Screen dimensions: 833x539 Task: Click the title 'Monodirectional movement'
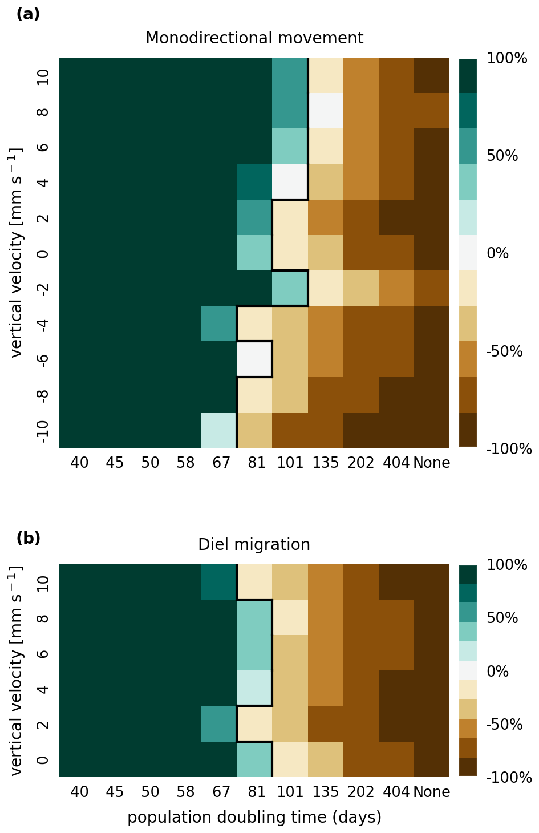point(254,38)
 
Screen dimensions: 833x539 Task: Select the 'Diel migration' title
point(254,545)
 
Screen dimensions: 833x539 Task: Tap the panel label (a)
point(28,14)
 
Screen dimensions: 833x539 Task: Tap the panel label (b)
point(28,538)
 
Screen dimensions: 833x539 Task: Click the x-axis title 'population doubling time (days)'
point(254,818)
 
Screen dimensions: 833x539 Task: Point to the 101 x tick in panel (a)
point(290,463)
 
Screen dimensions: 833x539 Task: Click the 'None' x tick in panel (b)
point(432,792)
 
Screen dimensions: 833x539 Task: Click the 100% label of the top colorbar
point(507,58)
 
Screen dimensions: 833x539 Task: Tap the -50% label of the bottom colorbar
point(504,725)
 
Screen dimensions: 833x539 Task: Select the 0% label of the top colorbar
point(498,253)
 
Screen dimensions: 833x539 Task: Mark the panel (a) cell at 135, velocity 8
point(326,111)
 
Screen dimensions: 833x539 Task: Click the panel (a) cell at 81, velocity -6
point(254,359)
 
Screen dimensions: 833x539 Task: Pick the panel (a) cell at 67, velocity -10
point(219,430)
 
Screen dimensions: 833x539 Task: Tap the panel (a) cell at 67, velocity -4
point(219,324)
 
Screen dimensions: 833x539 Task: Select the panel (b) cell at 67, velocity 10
point(219,582)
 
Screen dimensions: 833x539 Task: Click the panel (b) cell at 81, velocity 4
point(254,688)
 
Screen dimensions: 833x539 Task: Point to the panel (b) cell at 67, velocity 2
point(219,723)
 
